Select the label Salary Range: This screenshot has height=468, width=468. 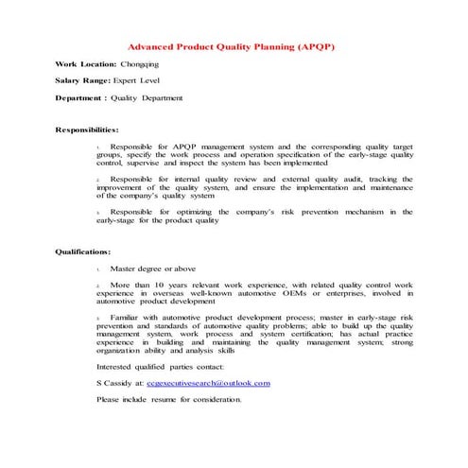(83, 80)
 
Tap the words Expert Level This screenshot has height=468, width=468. (141, 80)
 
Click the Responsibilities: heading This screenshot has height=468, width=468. (87, 128)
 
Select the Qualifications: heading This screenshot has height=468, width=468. (83, 251)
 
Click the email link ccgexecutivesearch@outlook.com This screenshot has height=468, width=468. (209, 383)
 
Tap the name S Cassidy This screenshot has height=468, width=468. (119, 383)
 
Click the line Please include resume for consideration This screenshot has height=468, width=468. (168, 399)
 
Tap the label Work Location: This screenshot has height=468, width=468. (85, 63)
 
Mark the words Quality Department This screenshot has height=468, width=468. (147, 97)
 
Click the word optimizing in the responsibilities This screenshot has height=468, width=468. (193, 212)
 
